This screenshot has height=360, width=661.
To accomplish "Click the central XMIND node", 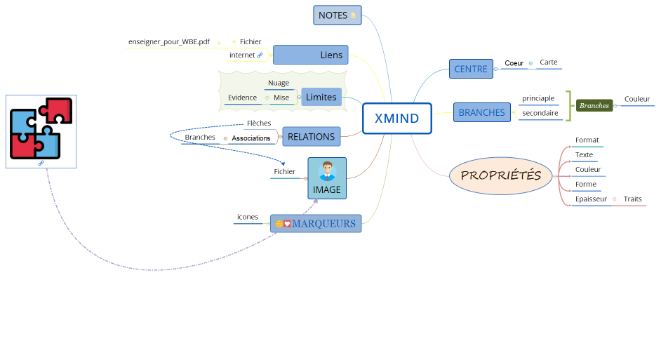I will [396, 118].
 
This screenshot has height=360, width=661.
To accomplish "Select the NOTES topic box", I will [337, 15].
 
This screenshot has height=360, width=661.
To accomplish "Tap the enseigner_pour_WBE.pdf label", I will [169, 42].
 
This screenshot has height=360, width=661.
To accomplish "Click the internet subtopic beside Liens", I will [242, 55].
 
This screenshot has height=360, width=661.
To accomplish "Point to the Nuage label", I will [279, 83].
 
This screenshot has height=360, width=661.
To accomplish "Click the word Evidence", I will [242, 98].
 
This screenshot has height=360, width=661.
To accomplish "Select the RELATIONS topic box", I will [311, 137].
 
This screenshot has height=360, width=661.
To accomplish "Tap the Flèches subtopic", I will [258, 124].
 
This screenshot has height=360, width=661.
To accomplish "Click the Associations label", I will [251, 138].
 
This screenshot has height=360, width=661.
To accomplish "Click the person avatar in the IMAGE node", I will [327, 172].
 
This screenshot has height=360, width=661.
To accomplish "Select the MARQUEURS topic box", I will [316, 224].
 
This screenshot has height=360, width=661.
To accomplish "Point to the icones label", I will [248, 217].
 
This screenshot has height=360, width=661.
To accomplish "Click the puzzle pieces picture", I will [41, 128].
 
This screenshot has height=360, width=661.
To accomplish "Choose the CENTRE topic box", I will [471, 69].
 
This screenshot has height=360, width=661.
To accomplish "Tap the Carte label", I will [549, 62].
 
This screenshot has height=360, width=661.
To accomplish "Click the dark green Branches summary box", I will [594, 105].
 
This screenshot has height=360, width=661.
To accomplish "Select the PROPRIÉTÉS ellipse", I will [501, 175].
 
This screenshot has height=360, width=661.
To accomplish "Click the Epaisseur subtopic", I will [591, 199].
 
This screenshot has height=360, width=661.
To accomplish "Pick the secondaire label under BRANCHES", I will [540, 113].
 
